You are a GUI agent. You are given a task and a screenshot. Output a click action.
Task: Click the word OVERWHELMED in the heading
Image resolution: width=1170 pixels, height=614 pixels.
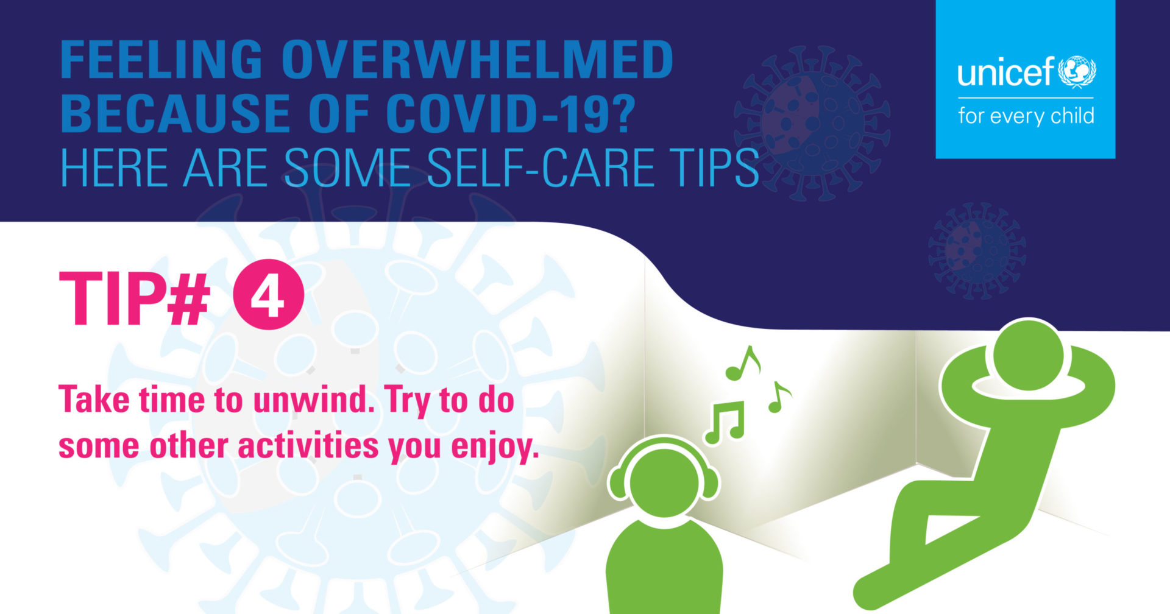coord(477,59)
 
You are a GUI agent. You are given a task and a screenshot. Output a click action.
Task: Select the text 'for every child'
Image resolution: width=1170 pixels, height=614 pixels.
coord(1026,116)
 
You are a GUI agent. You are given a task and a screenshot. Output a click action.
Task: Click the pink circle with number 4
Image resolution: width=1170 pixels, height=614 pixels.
coord(268,295)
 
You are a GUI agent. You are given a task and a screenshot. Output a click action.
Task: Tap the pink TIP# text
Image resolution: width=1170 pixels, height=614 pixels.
coord(134,298)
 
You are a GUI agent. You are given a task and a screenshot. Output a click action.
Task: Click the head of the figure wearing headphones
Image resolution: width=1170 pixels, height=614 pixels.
coord(664,481)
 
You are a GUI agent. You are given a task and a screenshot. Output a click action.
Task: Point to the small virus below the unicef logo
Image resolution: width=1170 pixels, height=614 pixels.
coord(977,250)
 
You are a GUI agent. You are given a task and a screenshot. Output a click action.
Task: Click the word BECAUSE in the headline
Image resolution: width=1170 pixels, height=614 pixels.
coord(174,113)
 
